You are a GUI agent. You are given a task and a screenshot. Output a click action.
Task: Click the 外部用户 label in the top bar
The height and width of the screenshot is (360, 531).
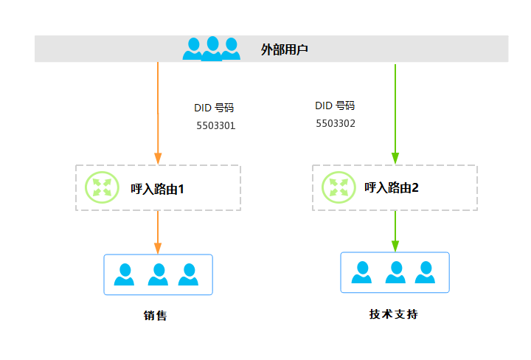click(284, 49)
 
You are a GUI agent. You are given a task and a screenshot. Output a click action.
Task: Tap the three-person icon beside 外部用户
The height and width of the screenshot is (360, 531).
click(212, 49)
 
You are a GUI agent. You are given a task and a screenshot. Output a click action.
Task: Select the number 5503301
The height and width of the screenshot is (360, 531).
click(215, 125)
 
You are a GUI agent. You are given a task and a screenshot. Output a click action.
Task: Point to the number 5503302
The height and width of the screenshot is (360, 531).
click(336, 123)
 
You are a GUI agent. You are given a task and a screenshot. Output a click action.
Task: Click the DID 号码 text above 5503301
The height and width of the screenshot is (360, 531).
click(214, 108)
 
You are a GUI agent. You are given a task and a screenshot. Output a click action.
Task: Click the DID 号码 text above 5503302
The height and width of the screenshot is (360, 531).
click(335, 105)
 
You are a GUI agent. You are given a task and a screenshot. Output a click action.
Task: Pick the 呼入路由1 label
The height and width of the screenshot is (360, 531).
click(157, 189)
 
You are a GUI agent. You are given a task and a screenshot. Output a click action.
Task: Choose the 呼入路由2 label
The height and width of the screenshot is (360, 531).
click(392, 187)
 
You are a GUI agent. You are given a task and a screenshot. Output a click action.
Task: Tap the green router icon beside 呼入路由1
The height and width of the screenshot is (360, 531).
click(101, 187)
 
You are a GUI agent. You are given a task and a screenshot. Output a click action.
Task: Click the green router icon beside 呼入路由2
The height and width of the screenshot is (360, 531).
click(338, 187)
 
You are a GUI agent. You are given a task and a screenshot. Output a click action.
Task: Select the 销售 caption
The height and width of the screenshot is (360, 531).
click(155, 316)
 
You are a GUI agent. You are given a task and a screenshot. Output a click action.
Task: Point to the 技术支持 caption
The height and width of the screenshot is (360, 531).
click(394, 314)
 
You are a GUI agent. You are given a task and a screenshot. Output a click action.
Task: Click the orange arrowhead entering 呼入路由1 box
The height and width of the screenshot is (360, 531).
click(158, 159)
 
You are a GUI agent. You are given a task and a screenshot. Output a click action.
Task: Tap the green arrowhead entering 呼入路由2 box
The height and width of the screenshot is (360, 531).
click(395, 158)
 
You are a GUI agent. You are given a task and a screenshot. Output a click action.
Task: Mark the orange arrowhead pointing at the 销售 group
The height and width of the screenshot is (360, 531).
click(158, 248)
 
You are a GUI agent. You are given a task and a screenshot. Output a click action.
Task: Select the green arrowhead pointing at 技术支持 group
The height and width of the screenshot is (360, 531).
click(395, 246)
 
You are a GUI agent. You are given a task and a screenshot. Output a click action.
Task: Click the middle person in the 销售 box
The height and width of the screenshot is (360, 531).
click(158, 274)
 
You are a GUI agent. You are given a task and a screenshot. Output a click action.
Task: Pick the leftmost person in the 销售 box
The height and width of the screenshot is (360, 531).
click(125, 274)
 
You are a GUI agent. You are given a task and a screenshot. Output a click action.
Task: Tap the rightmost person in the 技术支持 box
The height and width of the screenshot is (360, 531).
click(425, 272)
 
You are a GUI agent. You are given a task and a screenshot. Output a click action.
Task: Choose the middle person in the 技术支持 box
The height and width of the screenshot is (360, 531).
click(395, 272)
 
